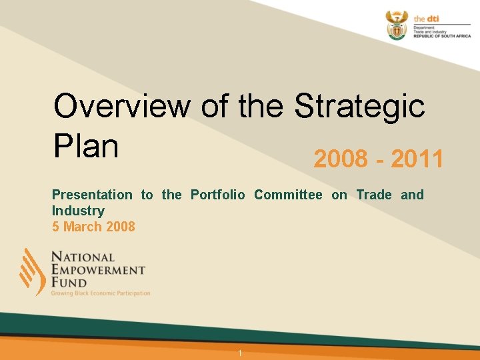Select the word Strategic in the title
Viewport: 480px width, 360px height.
pyautogui.click(x=360, y=106)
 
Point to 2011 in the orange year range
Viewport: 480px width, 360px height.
pyautogui.click(x=417, y=160)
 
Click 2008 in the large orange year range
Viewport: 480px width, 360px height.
pyautogui.click(x=340, y=160)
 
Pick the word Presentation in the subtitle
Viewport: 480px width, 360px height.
pyautogui.click(x=92, y=195)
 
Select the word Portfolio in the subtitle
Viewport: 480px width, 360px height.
pyautogui.click(x=218, y=195)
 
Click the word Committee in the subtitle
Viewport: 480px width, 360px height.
pyautogui.click(x=288, y=195)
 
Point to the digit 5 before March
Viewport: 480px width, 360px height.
pyautogui.click(x=56, y=227)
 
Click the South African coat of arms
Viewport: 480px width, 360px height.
pyautogui.click(x=396, y=25)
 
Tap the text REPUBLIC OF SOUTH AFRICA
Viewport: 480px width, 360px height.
pyautogui.click(x=442, y=37)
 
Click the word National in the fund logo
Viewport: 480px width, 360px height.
pyautogui.click(x=83, y=257)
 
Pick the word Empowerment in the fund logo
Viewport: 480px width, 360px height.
pyautogui.click(x=98, y=270)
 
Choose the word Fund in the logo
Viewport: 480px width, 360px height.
pyautogui.click(x=69, y=283)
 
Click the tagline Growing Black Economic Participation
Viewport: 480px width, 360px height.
pyautogui.click(x=101, y=293)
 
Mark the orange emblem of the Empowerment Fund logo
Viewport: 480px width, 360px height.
pyautogui.click(x=32, y=271)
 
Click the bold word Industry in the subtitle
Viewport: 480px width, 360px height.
pyautogui.click(x=78, y=211)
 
